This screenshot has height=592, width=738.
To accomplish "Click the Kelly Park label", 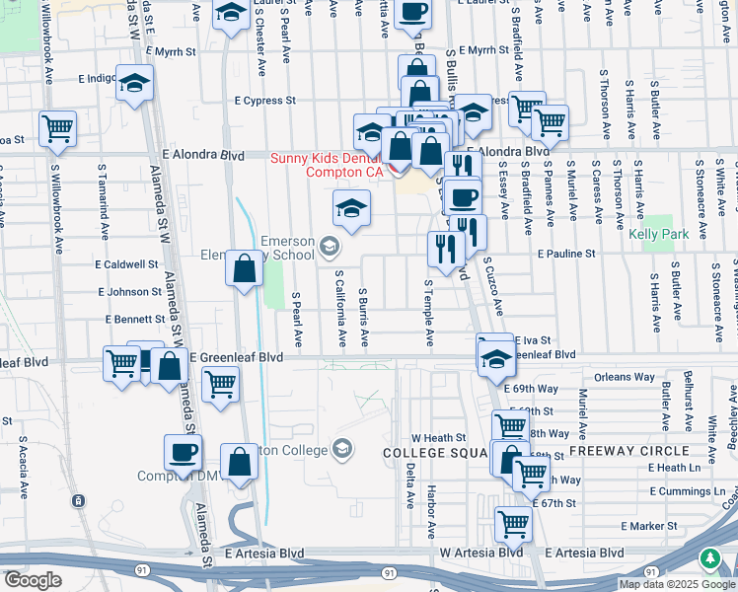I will point(658,235).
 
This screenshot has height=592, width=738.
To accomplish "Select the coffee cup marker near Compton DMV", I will point(184,454).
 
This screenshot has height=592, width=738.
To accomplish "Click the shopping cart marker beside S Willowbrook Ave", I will point(58,129).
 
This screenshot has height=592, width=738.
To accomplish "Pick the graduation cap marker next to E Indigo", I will point(134,84).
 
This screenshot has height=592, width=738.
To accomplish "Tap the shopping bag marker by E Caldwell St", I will point(244,268).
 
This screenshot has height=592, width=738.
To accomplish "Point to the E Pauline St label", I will point(567,254).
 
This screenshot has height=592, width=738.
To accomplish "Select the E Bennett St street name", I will point(135,320).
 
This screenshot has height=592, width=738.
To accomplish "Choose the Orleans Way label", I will point(625,377).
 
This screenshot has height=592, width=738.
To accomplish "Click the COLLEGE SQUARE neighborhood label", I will point(433,452).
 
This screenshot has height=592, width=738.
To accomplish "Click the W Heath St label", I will point(438,437).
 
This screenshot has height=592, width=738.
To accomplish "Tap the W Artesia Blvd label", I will point(481,553).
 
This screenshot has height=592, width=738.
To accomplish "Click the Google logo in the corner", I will point(33,580).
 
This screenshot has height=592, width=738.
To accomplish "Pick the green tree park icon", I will point(709,559).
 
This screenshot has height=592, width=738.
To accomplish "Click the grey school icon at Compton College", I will point(342,450).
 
